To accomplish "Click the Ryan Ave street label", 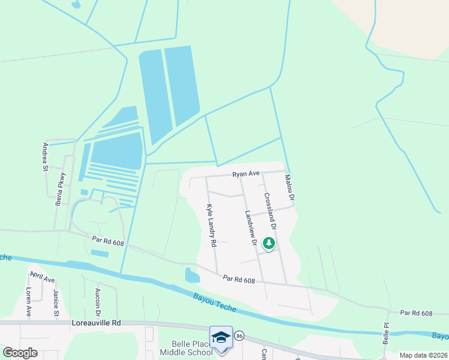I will click(246, 174).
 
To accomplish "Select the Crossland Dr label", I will click(270, 212).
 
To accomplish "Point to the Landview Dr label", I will click(250, 229).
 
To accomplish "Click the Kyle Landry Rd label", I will click(211, 226).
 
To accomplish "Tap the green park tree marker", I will click(269, 243).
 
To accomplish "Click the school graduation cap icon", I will click(220, 337).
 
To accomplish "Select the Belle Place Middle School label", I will click(186, 348).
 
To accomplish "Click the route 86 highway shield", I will click(239, 335).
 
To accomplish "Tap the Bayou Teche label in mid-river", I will click(215, 303).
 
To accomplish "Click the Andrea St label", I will click(45, 157).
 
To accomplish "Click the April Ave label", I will click(43, 280).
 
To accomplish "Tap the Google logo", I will click(20, 353).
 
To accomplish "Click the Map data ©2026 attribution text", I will click(423, 355).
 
